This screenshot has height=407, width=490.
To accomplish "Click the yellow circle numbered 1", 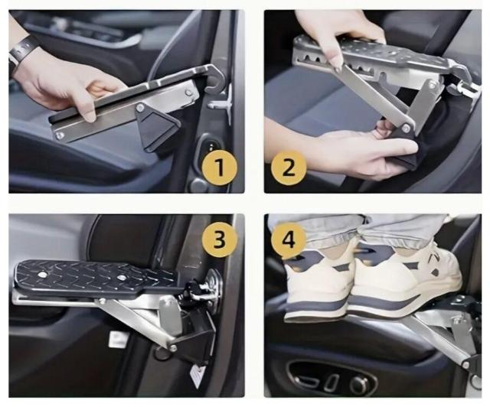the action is [x=220, y=168].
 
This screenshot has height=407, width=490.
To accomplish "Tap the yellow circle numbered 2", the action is [x=288, y=168].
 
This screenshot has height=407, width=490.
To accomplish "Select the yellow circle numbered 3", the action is [x=220, y=239].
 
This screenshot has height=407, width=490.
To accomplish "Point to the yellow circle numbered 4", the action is [x=289, y=240].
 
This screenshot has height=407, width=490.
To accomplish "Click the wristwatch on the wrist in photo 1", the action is [x=22, y=50].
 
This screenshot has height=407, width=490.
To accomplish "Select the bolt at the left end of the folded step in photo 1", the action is [x=60, y=135].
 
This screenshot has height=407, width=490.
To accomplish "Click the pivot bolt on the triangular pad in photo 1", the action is [x=141, y=108].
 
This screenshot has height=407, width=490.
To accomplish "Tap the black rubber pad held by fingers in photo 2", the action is [x=405, y=150].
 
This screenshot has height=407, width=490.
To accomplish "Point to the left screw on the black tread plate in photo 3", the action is [x=41, y=275].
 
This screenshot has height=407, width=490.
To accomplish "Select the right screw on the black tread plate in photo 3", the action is [x=120, y=277].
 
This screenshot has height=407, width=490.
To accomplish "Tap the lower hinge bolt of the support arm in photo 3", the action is [x=173, y=347].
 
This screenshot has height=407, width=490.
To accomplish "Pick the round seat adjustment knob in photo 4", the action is [x=359, y=383].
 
